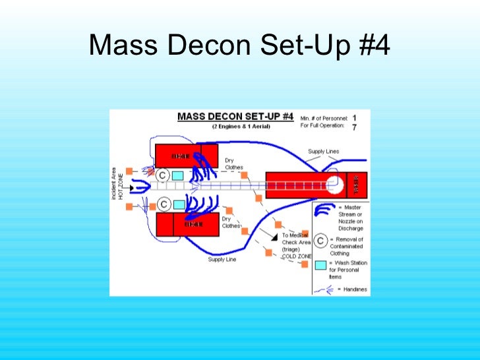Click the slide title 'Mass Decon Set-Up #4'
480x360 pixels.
pos(239,45)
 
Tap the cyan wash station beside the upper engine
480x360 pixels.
pos(177,176)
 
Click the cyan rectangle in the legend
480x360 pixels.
pos(320,266)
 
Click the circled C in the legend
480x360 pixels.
pos(320,241)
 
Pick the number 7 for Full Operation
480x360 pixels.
pos(355,127)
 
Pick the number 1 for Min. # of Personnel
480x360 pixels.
pos(355,118)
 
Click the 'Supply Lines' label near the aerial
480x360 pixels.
pos(324,152)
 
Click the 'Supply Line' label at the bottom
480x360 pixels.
pos(222,259)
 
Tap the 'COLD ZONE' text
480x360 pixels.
pos(294,256)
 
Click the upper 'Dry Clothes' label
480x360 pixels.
pos(234,164)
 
